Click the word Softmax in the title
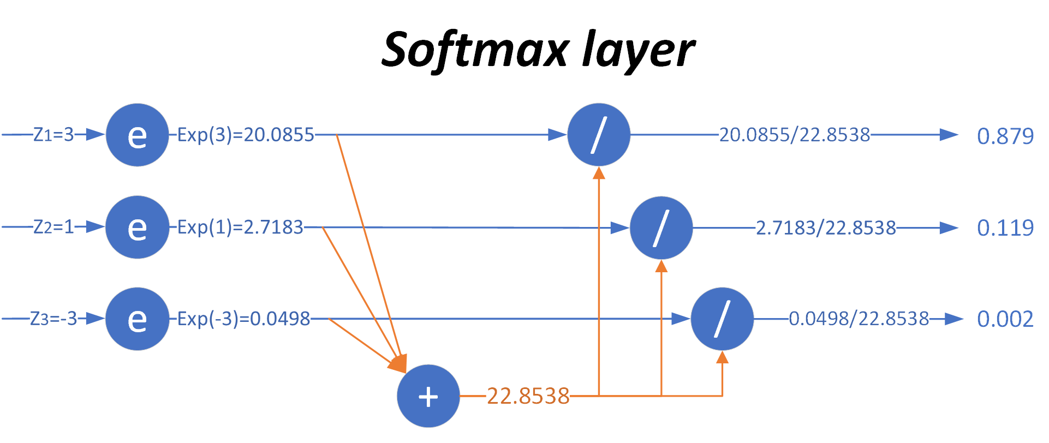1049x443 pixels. (475, 50)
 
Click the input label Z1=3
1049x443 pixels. (53, 135)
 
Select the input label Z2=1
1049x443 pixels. (53, 226)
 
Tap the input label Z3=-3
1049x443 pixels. (53, 319)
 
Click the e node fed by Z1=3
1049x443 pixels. (137, 135)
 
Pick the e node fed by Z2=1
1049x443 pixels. (137, 227)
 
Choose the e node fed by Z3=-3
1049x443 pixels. (137, 319)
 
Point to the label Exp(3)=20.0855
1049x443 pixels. (246, 135)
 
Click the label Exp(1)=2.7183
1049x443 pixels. (240, 227)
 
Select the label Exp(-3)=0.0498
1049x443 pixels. (243, 319)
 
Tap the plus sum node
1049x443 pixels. (428, 396)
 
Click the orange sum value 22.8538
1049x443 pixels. (528, 396)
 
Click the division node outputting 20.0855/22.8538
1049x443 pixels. (599, 135)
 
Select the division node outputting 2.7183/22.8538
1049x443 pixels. (661, 228)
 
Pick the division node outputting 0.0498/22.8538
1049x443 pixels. (722, 319)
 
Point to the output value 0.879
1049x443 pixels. (1005, 136)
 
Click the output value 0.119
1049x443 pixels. (1005, 228)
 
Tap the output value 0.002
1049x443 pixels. (1005, 319)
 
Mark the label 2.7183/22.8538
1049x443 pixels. (826, 228)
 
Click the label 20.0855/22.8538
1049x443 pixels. (794, 135)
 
